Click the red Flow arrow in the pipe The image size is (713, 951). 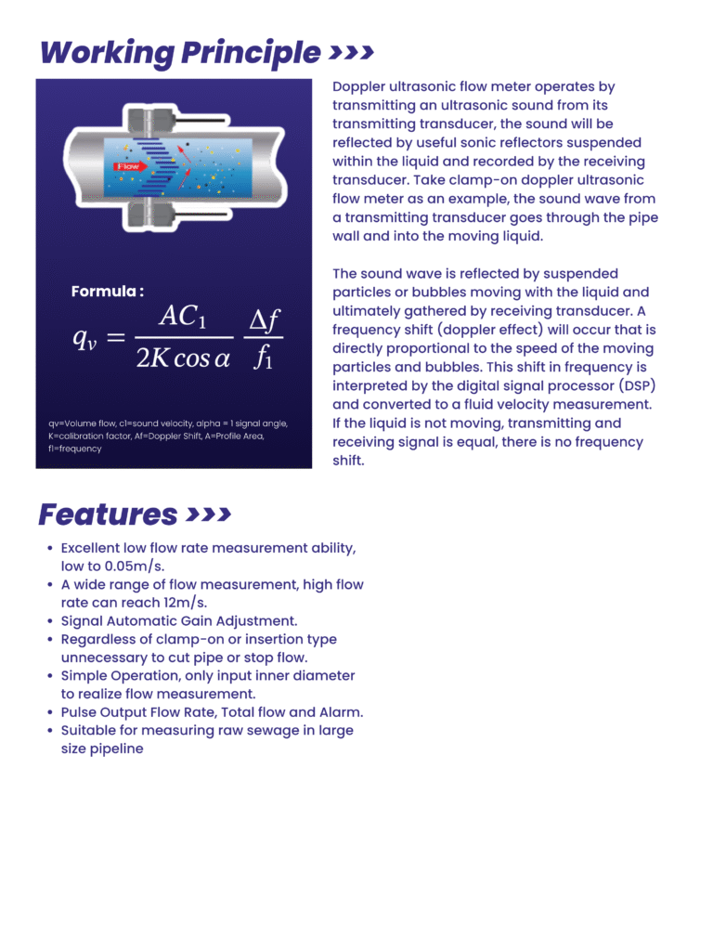point(128,166)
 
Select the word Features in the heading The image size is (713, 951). point(108,514)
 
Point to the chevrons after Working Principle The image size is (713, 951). point(352,52)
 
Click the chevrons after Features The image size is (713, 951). point(209,514)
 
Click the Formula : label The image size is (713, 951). point(108,292)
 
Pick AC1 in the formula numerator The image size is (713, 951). point(182,317)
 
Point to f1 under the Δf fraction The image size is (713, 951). point(264,358)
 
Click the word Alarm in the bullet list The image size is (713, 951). point(339,711)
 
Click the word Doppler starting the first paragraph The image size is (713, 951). point(361,86)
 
